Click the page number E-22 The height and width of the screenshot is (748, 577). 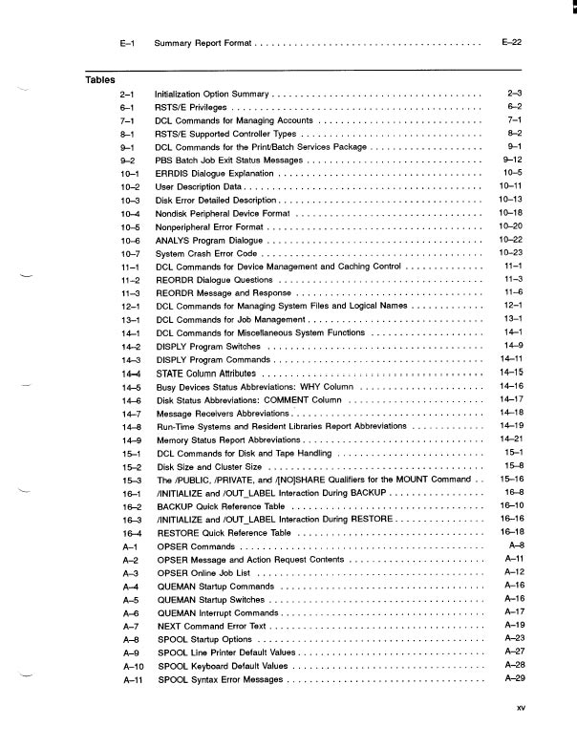pos(510,43)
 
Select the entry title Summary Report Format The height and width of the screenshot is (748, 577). pos(203,44)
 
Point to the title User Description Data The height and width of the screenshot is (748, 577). pos(198,187)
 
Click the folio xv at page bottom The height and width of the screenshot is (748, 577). pos(521,708)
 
